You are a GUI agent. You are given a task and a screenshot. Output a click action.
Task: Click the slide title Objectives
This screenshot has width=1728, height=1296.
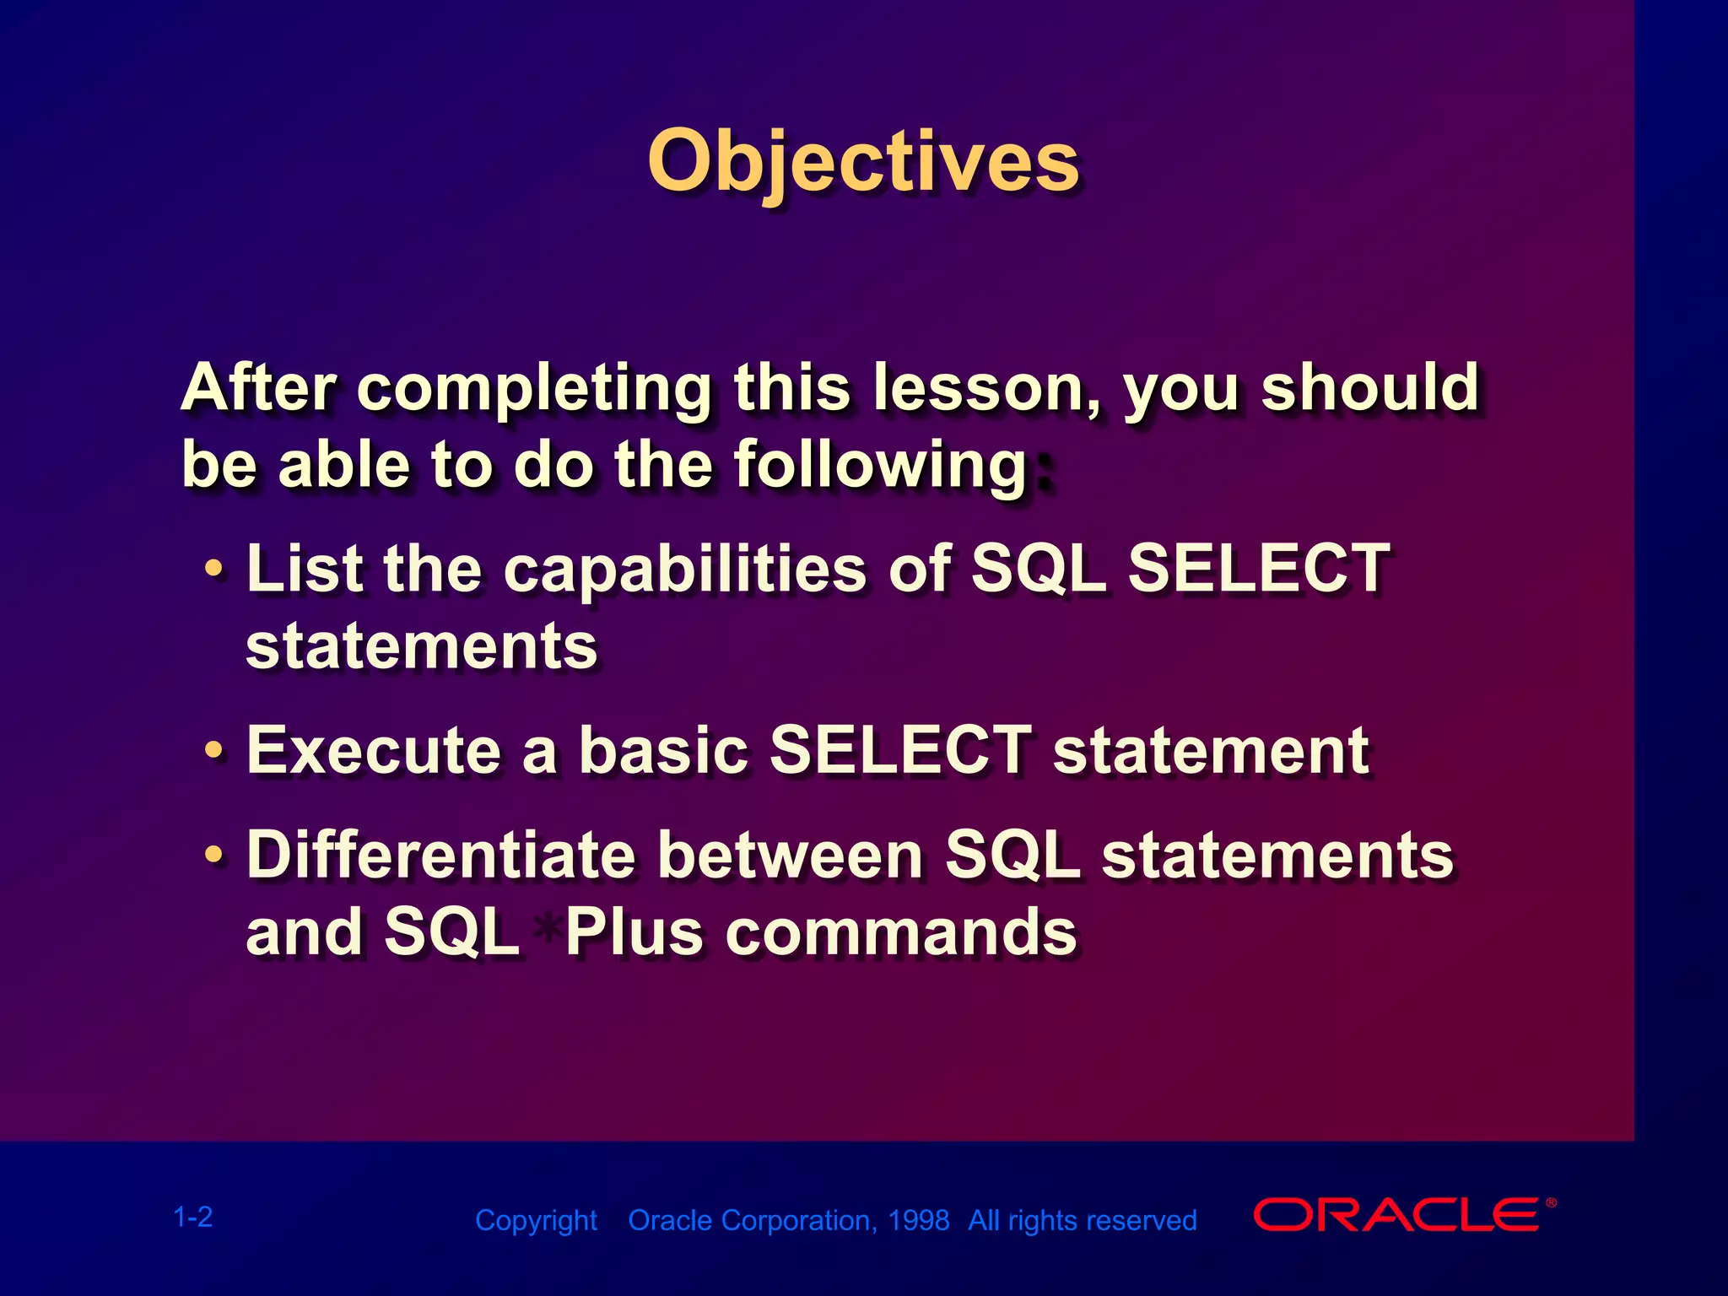tap(863, 163)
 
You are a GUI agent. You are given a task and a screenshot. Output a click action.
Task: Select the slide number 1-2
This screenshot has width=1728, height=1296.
tap(193, 1218)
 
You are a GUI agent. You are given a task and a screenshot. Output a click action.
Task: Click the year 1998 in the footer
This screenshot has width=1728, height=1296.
tap(919, 1220)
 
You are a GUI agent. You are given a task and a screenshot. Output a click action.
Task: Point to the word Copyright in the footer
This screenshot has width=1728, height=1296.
tap(537, 1222)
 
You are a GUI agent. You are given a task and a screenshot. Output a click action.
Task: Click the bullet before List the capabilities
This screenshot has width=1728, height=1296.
tap(215, 570)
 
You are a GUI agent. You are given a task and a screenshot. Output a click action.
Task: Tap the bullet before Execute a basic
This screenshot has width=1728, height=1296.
tap(215, 750)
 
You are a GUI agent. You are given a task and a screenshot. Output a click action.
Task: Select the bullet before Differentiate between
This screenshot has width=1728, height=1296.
tap(215, 856)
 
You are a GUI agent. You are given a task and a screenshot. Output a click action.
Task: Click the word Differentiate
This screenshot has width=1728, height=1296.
tap(441, 855)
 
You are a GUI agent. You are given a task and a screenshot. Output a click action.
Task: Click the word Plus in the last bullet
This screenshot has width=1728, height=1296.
tap(634, 932)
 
